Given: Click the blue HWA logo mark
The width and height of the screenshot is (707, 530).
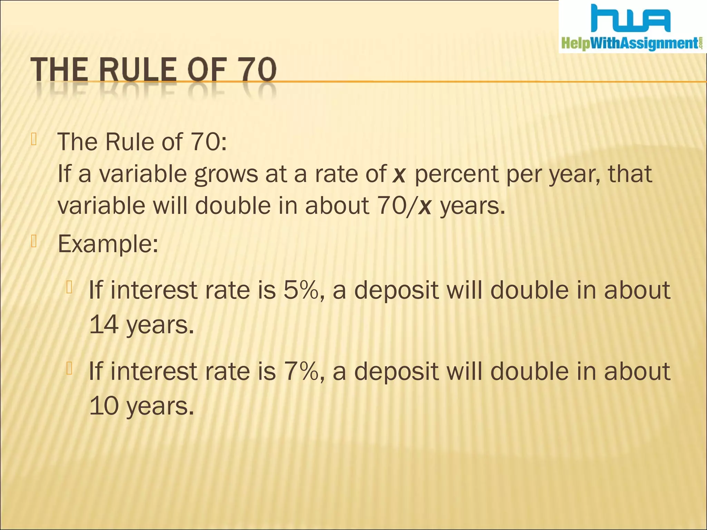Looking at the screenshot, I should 631,19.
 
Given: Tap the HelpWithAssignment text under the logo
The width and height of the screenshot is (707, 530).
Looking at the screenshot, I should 631,44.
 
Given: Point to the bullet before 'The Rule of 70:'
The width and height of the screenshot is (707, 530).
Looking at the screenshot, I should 33,140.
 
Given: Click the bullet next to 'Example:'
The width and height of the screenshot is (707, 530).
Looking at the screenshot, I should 33,242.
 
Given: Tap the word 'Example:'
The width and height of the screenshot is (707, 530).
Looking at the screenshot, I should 108,244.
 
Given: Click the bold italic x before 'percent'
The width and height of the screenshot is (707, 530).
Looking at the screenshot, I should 399,174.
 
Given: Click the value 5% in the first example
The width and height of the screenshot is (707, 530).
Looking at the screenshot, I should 300,290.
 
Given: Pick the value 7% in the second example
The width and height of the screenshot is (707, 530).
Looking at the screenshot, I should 300,372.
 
